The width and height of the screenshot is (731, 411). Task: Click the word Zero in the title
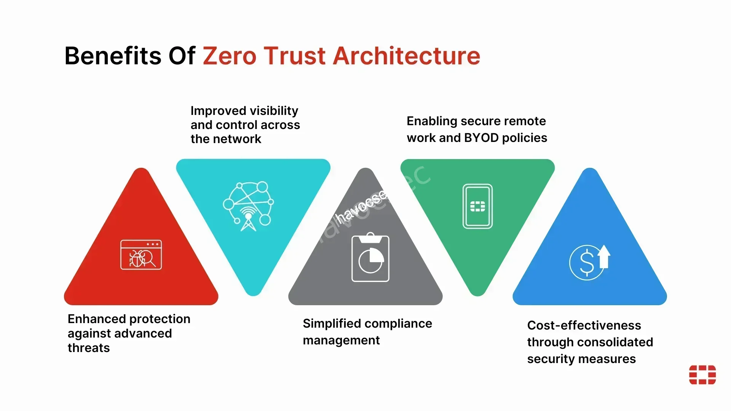pos(230,56)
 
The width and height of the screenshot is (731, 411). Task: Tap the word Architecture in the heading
pos(406,56)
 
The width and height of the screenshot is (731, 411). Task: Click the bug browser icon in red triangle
pos(141,255)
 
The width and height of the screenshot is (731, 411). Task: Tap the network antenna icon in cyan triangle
pos(248,206)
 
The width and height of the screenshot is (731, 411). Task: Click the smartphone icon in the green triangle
pos(477,206)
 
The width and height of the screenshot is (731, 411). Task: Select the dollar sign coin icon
pos(586,262)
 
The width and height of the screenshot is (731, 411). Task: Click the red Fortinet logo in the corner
pos(702,374)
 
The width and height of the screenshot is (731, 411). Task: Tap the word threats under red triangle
pos(89,348)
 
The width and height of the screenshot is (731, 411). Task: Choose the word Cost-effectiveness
pos(584,325)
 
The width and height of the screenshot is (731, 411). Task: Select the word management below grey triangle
pos(341,340)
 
